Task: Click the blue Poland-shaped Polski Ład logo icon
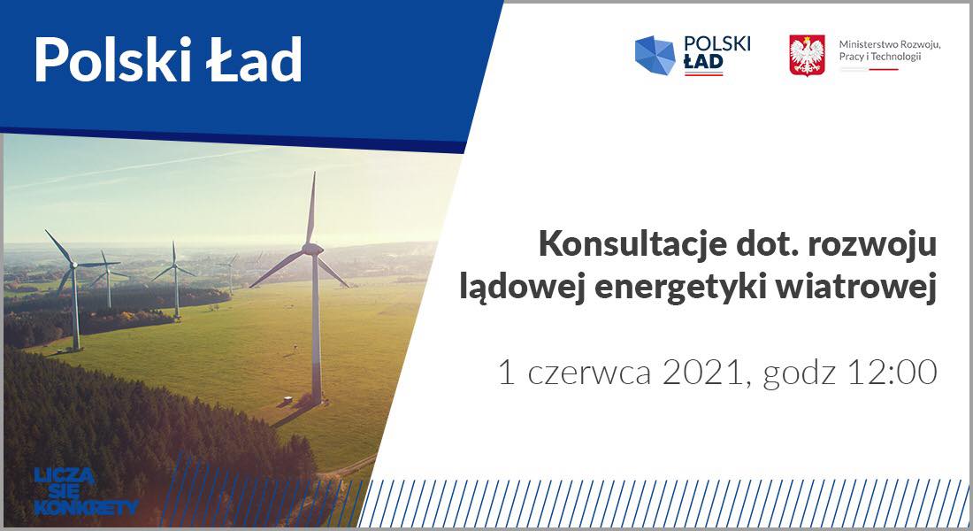coord(655,55)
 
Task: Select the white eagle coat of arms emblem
coord(807,55)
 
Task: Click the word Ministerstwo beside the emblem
coord(864,45)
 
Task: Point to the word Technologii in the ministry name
coord(896,57)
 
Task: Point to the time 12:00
coord(892,373)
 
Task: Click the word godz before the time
coord(800,373)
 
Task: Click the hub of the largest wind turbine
coord(313,249)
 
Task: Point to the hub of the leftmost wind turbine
coord(73,265)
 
